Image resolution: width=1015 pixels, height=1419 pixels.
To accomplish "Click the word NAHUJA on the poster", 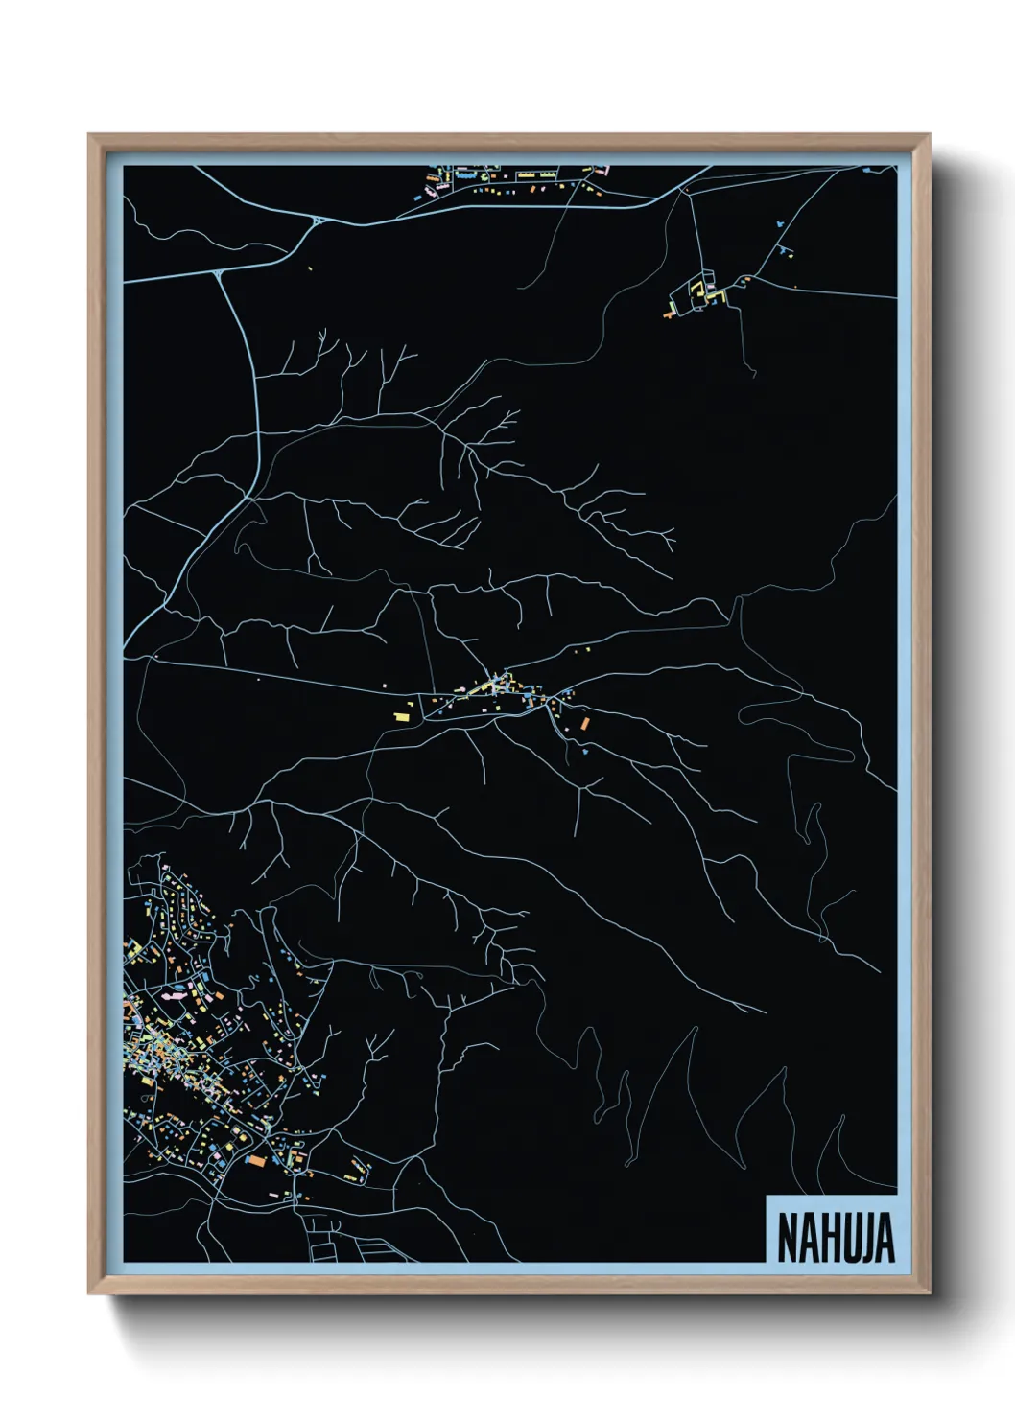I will tap(835, 1238).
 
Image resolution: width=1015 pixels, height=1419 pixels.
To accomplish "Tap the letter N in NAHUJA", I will tap(788, 1238).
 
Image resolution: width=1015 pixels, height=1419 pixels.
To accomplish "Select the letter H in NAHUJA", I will tap(826, 1238).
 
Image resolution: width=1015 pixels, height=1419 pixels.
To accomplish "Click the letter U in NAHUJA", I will tap(847, 1238).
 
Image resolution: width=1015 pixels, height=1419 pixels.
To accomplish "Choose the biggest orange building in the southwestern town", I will tap(255, 1160).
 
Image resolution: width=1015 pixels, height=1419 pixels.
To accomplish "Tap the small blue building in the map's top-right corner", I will tap(866, 170).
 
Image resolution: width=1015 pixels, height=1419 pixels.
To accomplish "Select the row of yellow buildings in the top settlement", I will tap(538, 176).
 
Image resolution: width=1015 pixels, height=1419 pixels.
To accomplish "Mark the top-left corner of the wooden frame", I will tap(89, 135).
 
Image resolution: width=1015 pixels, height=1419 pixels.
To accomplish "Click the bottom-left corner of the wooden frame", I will tap(89, 1294).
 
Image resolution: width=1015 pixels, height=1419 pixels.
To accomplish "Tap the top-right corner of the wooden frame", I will tap(929, 135).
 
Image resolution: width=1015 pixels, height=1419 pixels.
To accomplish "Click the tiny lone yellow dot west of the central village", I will tap(258, 681).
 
